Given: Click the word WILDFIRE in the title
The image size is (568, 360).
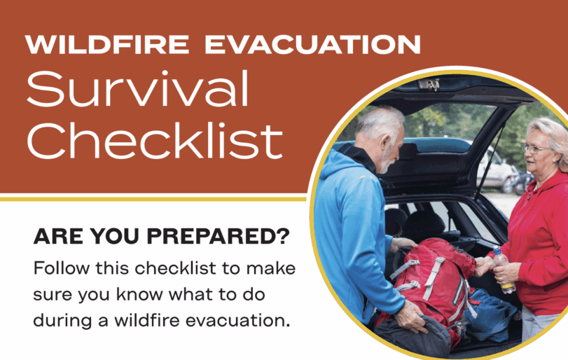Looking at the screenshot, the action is pos(107,45).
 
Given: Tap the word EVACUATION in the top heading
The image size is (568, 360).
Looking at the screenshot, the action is pos(312,45).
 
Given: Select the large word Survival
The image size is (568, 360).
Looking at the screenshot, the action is pos(138,89).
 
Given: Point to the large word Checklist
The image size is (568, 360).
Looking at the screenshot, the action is pos(155,141).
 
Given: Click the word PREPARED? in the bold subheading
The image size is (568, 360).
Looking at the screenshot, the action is pos(218,237).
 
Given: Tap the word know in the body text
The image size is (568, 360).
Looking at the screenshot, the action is pos(139,294).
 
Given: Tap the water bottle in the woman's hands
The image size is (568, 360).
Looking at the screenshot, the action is pos(503,269).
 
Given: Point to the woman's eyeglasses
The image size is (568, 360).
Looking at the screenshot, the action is pos(536,148).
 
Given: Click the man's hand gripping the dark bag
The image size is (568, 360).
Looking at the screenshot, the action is pos(411,316).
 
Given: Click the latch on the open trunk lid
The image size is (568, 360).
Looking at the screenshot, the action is pos(429,84).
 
